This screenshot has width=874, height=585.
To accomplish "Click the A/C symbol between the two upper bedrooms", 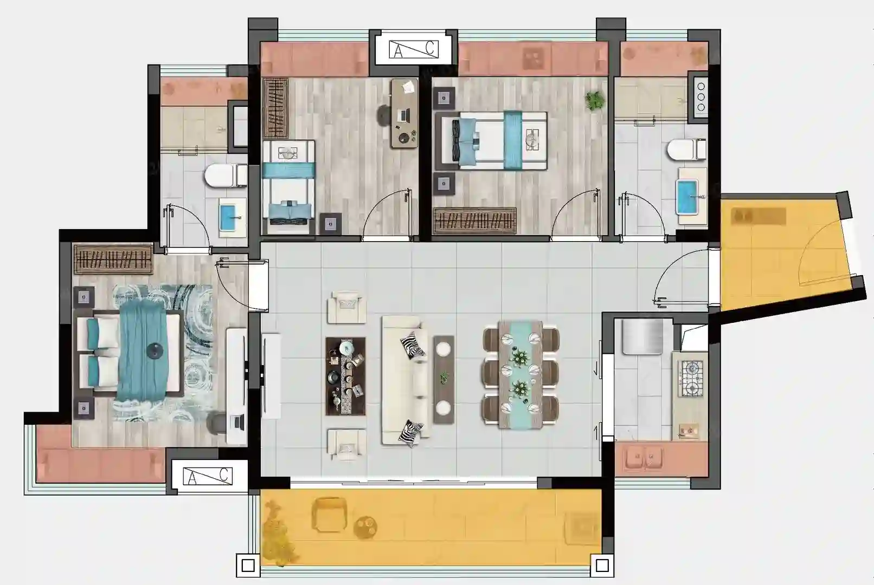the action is click(x=414, y=49).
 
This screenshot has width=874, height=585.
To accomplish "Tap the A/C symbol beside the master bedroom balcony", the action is click(x=208, y=476).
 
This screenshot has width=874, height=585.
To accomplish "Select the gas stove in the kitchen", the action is click(x=692, y=378).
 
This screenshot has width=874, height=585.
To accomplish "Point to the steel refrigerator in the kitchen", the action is click(x=642, y=337).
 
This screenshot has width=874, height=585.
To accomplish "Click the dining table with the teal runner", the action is click(x=520, y=374).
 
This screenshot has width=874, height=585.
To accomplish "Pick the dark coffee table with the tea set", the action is click(x=346, y=376).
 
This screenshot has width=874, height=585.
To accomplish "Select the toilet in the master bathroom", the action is click(x=226, y=175).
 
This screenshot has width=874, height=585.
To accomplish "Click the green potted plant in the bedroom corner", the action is click(x=595, y=101).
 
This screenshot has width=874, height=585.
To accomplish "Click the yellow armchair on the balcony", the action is click(x=330, y=515).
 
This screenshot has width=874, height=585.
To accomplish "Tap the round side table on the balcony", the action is click(x=365, y=528).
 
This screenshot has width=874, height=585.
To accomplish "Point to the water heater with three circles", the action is click(x=701, y=96).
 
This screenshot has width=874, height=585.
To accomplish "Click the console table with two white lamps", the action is click(x=444, y=380).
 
